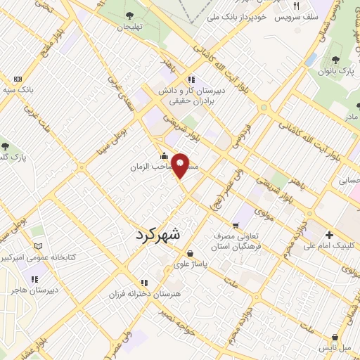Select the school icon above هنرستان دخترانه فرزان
(143, 281)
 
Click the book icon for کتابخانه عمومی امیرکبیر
(38, 246)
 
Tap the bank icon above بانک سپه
(18, 79)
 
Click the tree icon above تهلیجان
(128, 15)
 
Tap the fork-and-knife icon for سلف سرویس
(297, 6)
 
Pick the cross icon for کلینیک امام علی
(328, 235)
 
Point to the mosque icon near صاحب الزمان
(165, 156)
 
